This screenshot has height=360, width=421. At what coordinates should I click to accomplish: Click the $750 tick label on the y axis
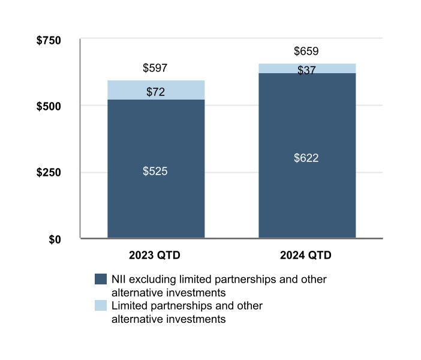coord(49,41)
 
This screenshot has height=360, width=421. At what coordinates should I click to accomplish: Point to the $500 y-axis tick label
coord(49,106)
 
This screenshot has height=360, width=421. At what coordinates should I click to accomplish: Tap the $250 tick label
coord(49,173)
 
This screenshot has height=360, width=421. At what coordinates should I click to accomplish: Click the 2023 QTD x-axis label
coord(155,255)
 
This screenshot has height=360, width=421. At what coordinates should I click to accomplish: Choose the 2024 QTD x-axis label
coord(306,255)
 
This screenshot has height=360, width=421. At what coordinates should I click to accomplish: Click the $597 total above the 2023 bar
coord(155,68)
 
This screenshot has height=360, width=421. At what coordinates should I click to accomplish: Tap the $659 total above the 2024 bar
coord(306,51)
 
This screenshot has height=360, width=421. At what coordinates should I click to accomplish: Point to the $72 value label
coord(155,92)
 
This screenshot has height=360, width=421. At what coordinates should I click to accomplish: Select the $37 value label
coord(306,70)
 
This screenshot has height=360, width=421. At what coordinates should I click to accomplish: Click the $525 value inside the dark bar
coord(155,172)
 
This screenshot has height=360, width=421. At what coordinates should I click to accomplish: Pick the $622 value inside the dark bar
coord(306,158)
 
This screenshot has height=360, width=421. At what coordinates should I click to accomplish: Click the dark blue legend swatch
coord(101,280)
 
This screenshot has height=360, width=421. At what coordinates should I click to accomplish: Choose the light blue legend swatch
coord(101,306)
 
